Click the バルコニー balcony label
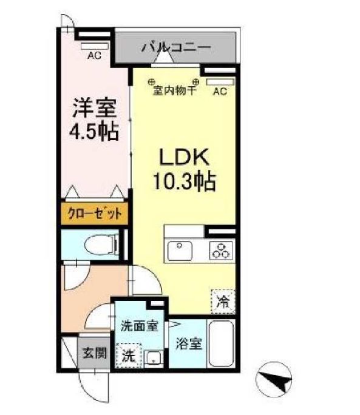(x=175, y=47)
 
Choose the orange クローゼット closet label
(x=95, y=214)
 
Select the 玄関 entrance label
(x=95, y=353)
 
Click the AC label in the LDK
(x=220, y=92)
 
